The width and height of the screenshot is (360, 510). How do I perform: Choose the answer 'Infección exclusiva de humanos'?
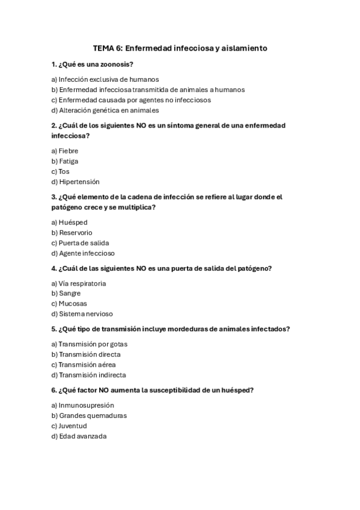point(105,79)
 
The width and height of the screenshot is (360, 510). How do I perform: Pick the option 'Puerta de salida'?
point(80,243)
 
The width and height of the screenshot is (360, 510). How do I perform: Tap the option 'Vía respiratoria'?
point(79,283)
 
